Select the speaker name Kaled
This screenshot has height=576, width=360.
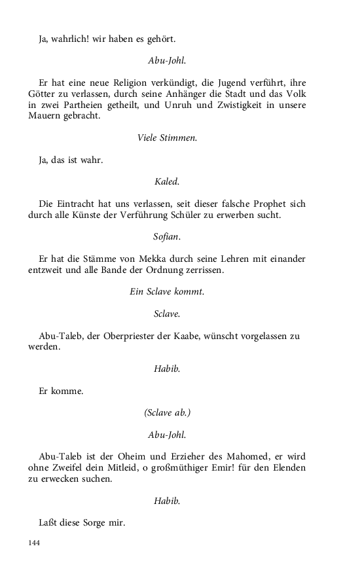click(167, 181)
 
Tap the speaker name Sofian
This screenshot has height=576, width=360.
click(167, 236)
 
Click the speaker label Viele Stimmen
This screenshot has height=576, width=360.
click(167, 137)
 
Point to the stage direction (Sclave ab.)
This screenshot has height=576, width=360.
click(167, 412)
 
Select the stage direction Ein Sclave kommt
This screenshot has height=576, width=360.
click(167, 292)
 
